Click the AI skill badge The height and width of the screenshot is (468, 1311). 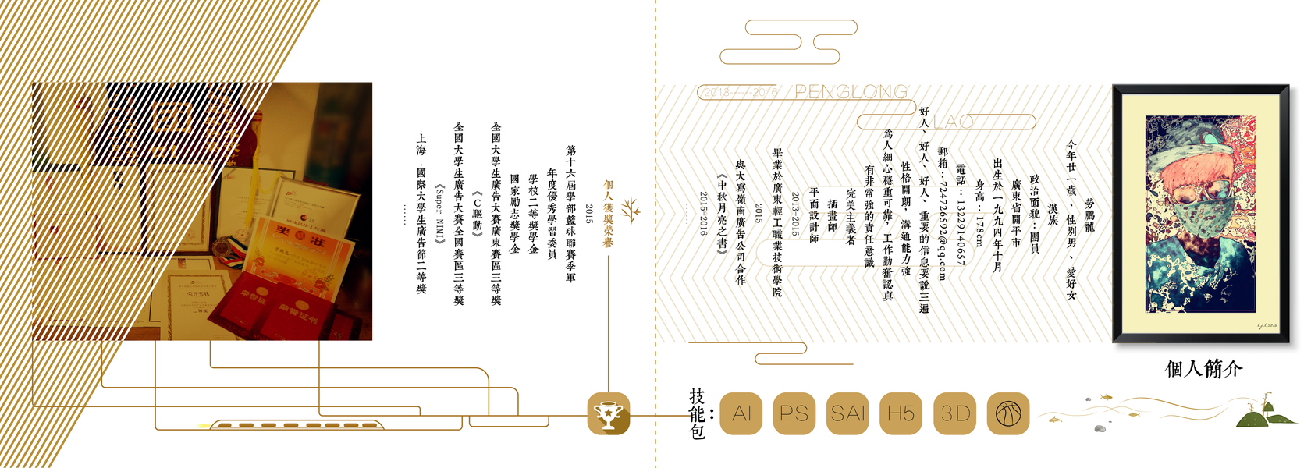[741, 413]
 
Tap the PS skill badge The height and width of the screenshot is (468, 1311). [794, 413]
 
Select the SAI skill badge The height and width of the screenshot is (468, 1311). [848, 413]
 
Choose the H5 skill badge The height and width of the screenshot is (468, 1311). [901, 413]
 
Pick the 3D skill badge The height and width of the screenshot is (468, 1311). [955, 413]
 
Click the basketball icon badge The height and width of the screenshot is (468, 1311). [1008, 413]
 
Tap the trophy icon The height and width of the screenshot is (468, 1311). [608, 413]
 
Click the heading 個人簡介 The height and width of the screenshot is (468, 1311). [1203, 369]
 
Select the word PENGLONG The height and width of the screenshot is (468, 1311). [851, 92]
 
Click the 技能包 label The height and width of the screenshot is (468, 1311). [697, 413]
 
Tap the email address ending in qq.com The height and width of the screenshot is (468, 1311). [943, 214]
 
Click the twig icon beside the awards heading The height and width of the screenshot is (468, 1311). [631, 211]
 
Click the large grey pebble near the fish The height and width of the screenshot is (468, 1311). [1100, 428]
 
